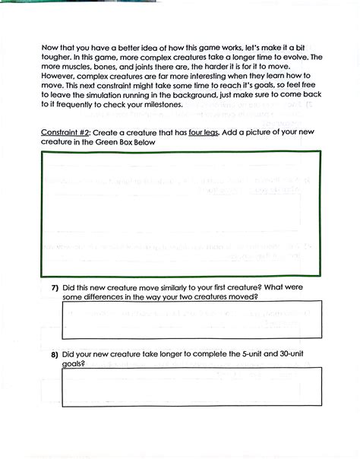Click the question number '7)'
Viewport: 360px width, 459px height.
55,288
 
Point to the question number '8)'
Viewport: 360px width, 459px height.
55,354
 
